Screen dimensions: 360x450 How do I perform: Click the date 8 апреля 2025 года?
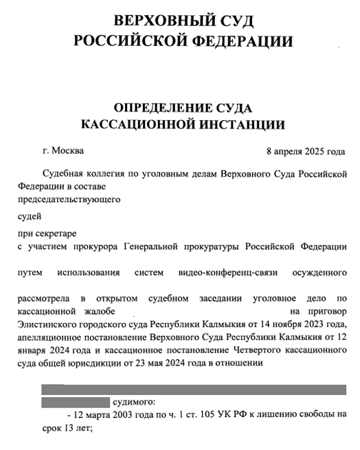point(306,150)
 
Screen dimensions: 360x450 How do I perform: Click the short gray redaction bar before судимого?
point(76,402)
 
